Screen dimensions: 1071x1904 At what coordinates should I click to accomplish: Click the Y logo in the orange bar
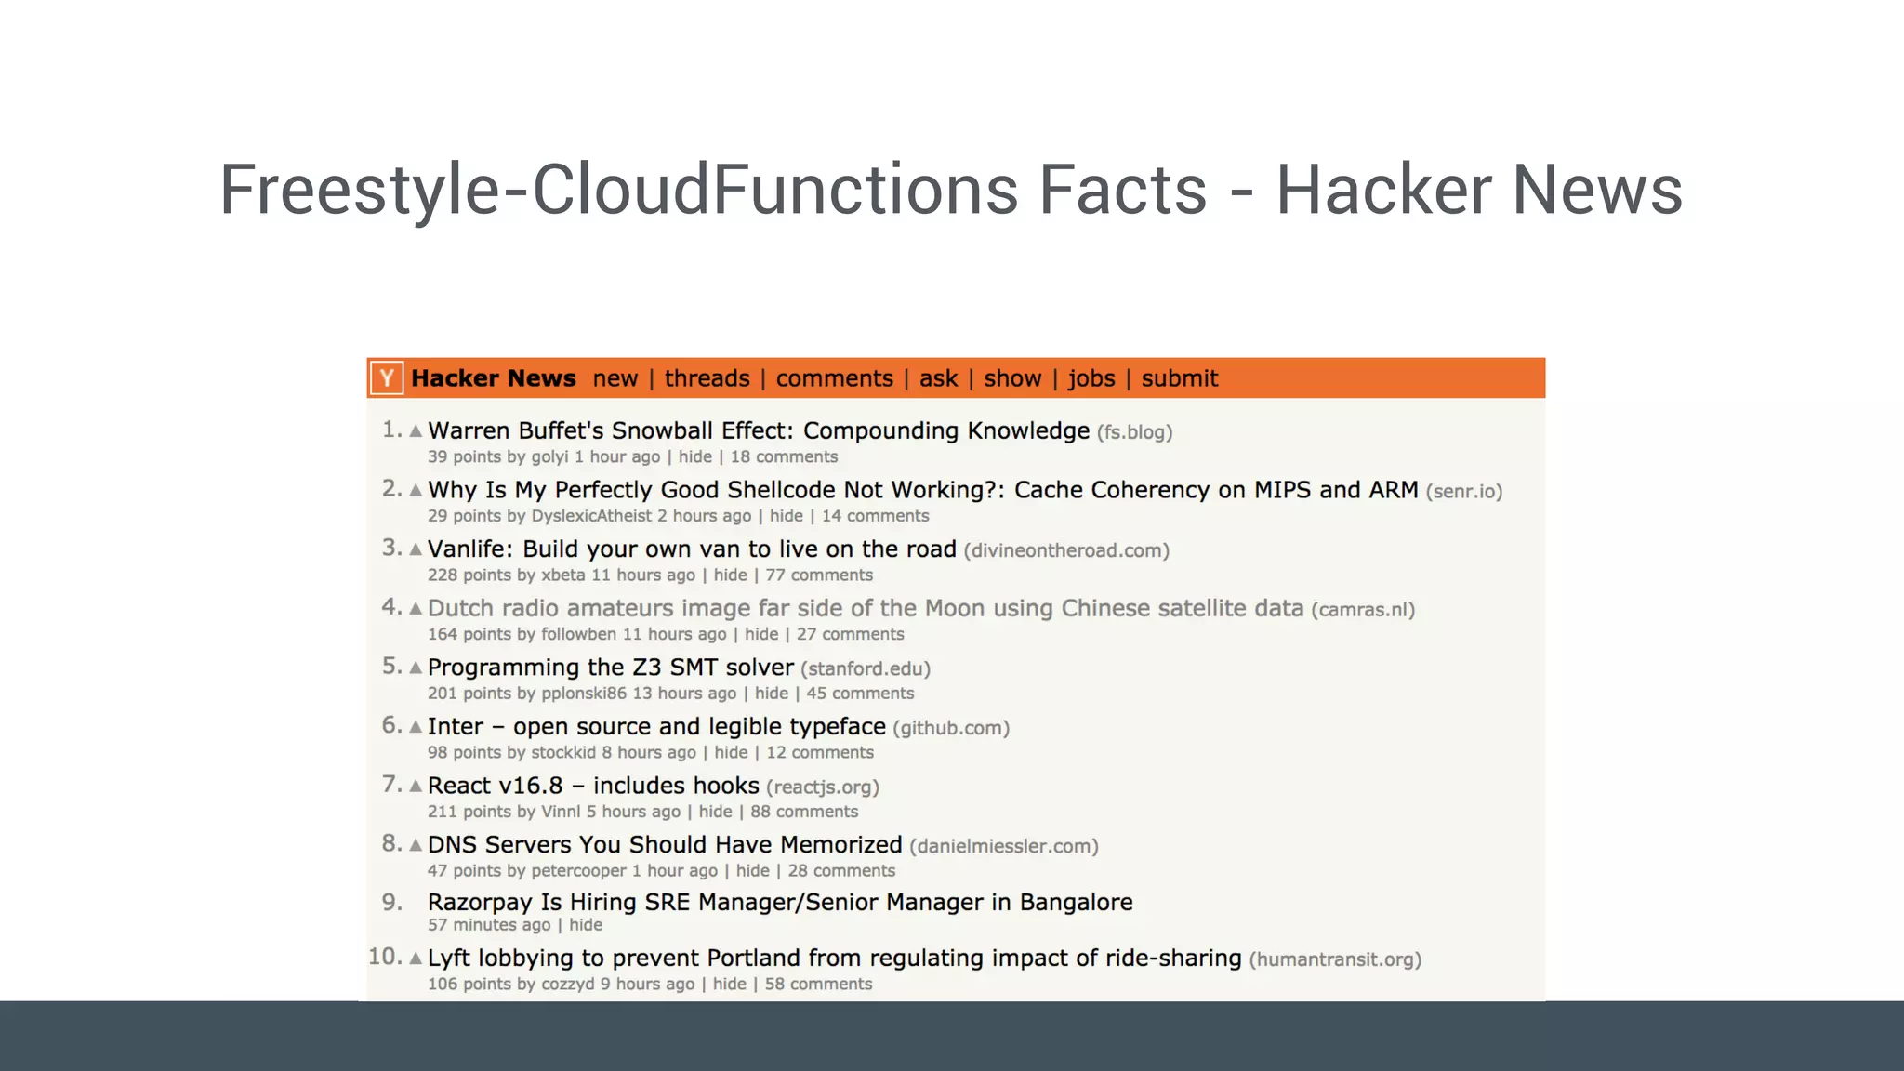tap(387, 378)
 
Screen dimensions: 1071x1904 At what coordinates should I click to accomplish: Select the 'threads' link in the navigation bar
tap(707, 378)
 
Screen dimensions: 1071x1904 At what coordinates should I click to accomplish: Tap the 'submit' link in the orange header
tap(1179, 378)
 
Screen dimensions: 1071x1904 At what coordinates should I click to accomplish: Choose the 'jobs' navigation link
tap(1091, 378)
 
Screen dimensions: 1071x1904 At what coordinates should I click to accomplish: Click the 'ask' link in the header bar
tap(938, 378)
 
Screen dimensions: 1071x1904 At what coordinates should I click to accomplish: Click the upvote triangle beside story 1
tap(416, 431)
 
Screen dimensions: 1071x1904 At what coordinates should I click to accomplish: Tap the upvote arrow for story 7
tap(416, 787)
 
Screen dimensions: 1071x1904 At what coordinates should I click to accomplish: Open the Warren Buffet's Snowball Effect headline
tap(758, 431)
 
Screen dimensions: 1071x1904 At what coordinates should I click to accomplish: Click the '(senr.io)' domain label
tap(1464, 491)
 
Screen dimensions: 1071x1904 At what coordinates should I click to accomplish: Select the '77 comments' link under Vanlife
tap(819, 575)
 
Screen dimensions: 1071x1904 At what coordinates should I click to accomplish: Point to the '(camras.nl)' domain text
tap(1363, 610)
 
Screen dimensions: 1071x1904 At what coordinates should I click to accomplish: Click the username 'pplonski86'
tap(584, 694)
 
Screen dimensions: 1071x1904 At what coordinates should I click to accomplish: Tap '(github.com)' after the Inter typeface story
tap(951, 728)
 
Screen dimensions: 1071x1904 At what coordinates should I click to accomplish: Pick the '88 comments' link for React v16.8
tap(804, 812)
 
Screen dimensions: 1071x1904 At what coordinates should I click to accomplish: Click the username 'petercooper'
tap(578, 871)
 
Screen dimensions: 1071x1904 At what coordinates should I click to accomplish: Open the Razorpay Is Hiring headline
tap(780, 903)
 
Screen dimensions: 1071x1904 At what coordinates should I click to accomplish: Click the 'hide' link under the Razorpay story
tap(586, 925)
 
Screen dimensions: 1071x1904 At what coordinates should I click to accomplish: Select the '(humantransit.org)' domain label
tap(1335, 959)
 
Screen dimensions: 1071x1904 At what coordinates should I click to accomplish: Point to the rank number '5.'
tap(392, 667)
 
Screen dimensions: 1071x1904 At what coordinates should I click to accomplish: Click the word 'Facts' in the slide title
tap(1122, 190)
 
